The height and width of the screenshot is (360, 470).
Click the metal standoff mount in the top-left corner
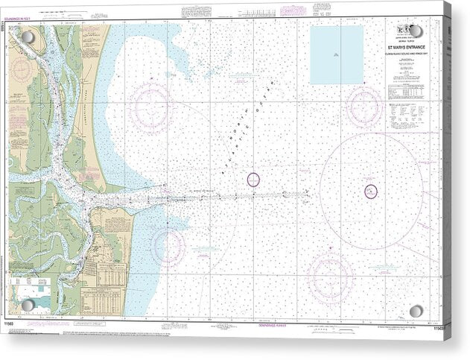28,37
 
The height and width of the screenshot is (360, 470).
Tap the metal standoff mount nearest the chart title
416,31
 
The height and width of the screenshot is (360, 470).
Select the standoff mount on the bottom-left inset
28,305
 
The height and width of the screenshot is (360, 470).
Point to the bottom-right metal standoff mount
416,310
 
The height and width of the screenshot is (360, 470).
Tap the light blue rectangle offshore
337,54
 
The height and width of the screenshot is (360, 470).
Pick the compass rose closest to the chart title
365,106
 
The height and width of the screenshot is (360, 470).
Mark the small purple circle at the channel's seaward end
253,179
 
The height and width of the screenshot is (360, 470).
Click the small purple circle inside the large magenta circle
371,192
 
